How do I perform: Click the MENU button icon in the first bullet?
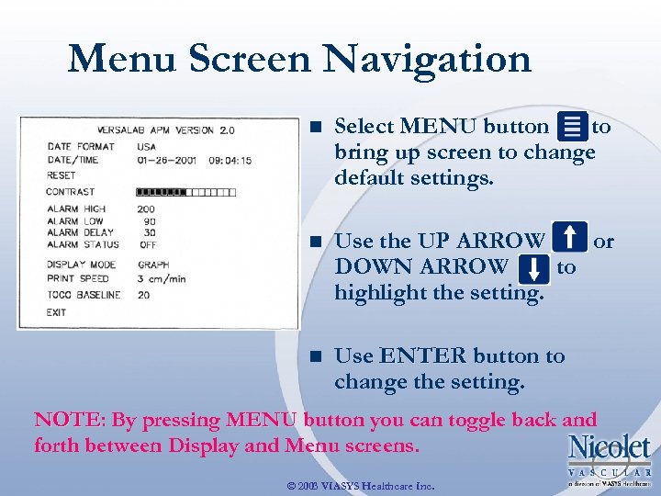click(573, 128)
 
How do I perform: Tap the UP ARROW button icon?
click(571, 239)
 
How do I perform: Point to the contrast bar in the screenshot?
click(186, 192)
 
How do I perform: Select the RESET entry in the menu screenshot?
click(61, 175)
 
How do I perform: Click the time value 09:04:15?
click(229, 161)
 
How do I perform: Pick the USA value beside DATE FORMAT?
click(146, 146)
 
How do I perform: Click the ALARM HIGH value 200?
click(146, 209)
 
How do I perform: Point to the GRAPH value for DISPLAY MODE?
click(153, 265)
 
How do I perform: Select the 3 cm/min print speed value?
click(162, 278)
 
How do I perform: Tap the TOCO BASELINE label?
click(84, 295)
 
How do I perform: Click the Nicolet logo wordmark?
click(610, 448)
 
